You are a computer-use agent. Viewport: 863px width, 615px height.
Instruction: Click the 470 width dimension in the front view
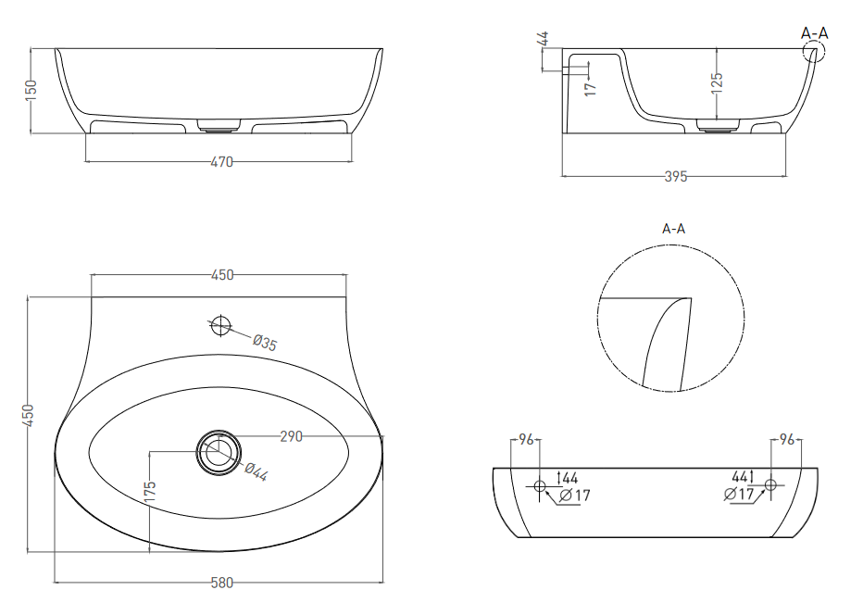pos(222,162)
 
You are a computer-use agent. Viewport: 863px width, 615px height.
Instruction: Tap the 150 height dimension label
pos(31,90)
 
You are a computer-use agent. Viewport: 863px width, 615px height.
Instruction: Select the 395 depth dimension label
pos(676,177)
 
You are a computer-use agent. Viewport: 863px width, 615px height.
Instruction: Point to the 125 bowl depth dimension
pos(717,83)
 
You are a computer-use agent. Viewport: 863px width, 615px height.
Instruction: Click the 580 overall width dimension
pos(222,583)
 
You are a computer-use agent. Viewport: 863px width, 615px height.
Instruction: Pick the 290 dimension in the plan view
pos(291,436)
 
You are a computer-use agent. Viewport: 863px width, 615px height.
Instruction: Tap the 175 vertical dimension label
pos(150,492)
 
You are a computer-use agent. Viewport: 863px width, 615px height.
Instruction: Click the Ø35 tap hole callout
pos(265,343)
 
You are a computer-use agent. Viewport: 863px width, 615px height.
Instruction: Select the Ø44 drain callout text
pos(256,471)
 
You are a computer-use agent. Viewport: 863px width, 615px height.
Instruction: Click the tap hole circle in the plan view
pos(220,325)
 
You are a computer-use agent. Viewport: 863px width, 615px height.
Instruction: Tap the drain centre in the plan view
pos(219,452)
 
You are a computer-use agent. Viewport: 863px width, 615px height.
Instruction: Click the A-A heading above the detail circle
pos(674,229)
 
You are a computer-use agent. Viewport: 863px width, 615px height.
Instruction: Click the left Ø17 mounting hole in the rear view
pos(539,485)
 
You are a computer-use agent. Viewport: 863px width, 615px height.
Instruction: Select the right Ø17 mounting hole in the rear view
pos(770,484)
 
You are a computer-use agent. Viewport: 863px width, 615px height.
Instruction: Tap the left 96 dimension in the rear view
pos(526,439)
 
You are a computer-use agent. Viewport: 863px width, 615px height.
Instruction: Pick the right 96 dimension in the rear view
pos(787,439)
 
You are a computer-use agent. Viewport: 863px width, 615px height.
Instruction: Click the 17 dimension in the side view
pos(591,88)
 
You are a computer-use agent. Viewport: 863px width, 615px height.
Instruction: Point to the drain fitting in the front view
pos(219,126)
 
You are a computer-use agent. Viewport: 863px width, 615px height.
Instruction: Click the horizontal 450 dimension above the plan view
pos(222,275)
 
